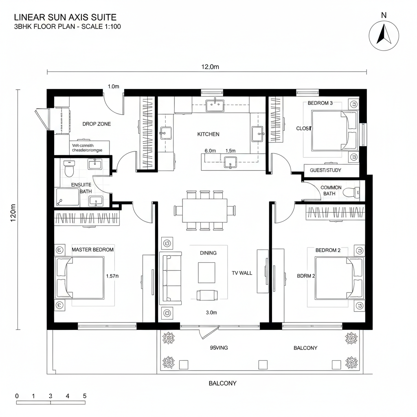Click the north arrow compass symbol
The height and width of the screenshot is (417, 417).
coord(384,35)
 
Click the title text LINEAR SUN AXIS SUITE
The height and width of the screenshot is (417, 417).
coord(65,17)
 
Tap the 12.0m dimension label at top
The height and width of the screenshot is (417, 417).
coord(208,67)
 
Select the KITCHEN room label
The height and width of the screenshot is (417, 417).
coord(208,134)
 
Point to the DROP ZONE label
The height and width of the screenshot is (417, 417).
coord(97,124)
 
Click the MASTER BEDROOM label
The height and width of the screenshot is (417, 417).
coord(92,250)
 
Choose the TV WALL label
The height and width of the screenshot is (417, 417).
coord(242,273)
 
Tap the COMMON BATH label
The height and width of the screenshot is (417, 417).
coord(331,191)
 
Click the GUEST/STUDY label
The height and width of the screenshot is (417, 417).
coord(325,170)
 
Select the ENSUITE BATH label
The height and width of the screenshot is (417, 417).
coord(81,188)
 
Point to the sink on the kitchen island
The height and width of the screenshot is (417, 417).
coord(230,162)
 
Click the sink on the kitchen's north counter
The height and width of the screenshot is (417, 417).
coord(215,105)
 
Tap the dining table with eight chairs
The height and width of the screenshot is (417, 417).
coord(204,210)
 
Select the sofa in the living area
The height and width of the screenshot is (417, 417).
coord(170,278)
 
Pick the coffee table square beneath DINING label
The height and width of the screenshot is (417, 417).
coord(207,272)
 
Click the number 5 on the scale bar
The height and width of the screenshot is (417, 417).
coord(84,396)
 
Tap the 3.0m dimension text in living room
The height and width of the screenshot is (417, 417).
coord(211,313)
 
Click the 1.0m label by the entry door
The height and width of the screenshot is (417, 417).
coord(113,86)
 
